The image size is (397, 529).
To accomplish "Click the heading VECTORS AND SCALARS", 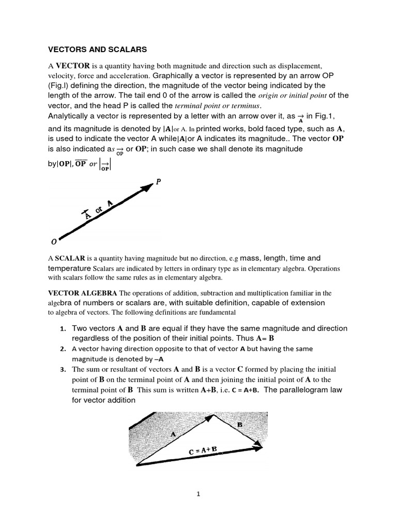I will click(98, 50).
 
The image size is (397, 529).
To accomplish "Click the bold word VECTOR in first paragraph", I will click(73, 66).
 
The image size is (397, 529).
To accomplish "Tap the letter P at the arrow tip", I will click(158, 181).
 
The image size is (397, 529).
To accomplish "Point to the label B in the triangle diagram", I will click(239, 425).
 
